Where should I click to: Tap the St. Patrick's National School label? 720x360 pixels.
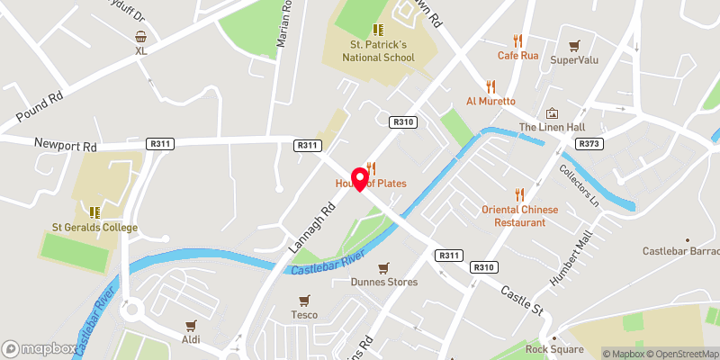(x=376, y=51)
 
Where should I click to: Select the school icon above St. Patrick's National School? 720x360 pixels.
(x=378, y=30)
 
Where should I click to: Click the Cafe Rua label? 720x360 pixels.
(x=518, y=55)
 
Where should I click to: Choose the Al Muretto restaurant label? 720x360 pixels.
(x=490, y=102)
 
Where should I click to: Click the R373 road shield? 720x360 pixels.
(x=589, y=144)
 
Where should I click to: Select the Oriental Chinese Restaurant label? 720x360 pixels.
(x=520, y=216)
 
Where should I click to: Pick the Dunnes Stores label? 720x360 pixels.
(x=384, y=282)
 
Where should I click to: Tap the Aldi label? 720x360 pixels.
(x=191, y=341)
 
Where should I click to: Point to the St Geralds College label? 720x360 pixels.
(x=94, y=228)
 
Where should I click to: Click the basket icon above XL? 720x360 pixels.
(x=141, y=37)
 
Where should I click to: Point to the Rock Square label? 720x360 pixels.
(x=549, y=349)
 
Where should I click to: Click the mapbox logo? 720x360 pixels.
(x=39, y=348)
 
